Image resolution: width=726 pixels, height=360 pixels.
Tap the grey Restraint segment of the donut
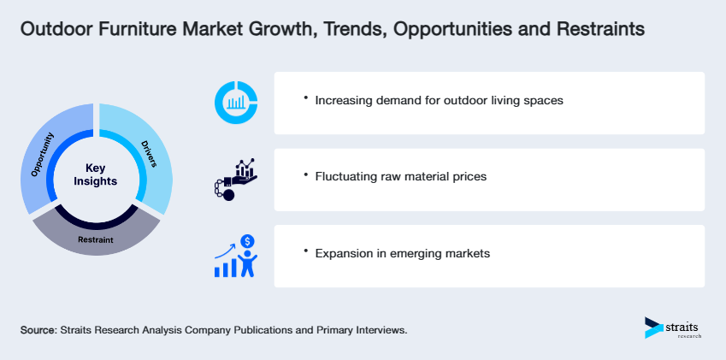(96, 239)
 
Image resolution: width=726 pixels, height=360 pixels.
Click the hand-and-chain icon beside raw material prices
(234, 178)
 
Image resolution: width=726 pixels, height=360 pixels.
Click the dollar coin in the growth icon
(248, 241)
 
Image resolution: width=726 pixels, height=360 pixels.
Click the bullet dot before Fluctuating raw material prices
(305, 174)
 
